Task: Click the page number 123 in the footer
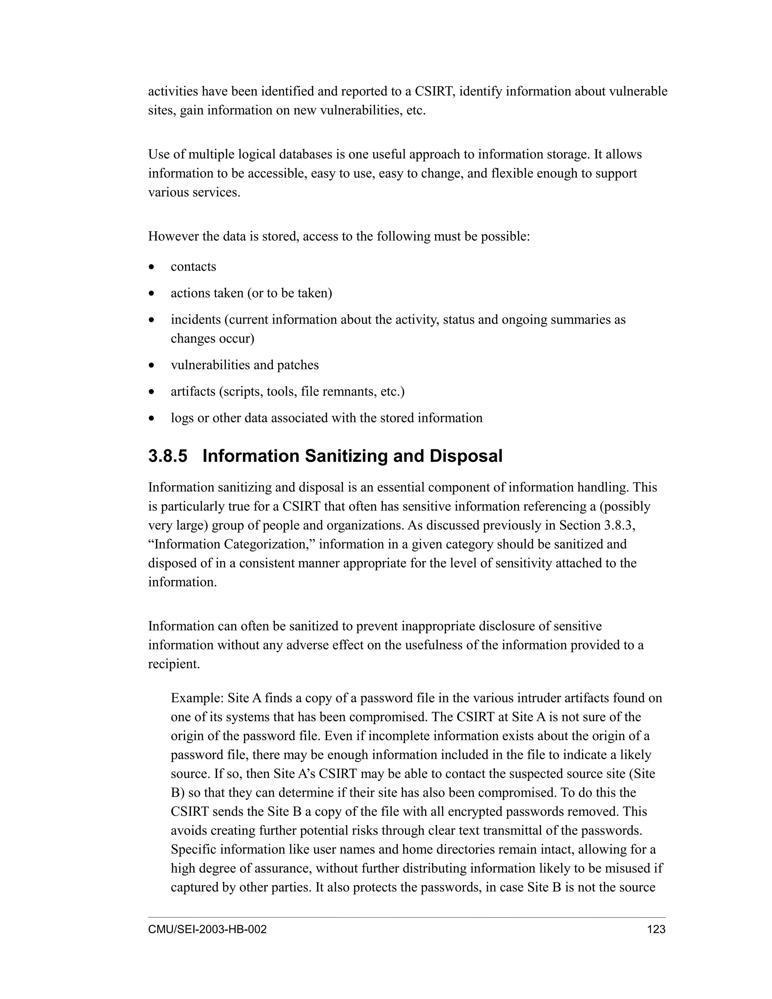click(656, 930)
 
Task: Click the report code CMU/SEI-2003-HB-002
click(207, 930)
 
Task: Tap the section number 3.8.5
click(167, 457)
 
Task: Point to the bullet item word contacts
click(193, 267)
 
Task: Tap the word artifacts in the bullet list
click(193, 392)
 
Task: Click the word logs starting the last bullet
click(182, 418)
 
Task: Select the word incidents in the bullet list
click(195, 319)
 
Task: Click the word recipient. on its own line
click(174, 664)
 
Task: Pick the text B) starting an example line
click(178, 793)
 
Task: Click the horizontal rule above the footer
click(407, 917)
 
